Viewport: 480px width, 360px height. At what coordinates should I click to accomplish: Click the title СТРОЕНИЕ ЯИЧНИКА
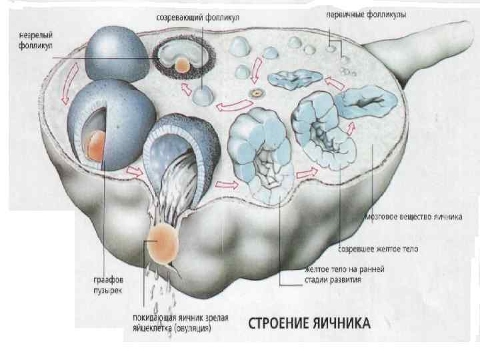[x=308, y=324]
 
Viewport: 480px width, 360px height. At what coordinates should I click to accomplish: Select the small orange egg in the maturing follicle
[x=181, y=64]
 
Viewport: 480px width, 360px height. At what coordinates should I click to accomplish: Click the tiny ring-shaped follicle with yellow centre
[x=253, y=92]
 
